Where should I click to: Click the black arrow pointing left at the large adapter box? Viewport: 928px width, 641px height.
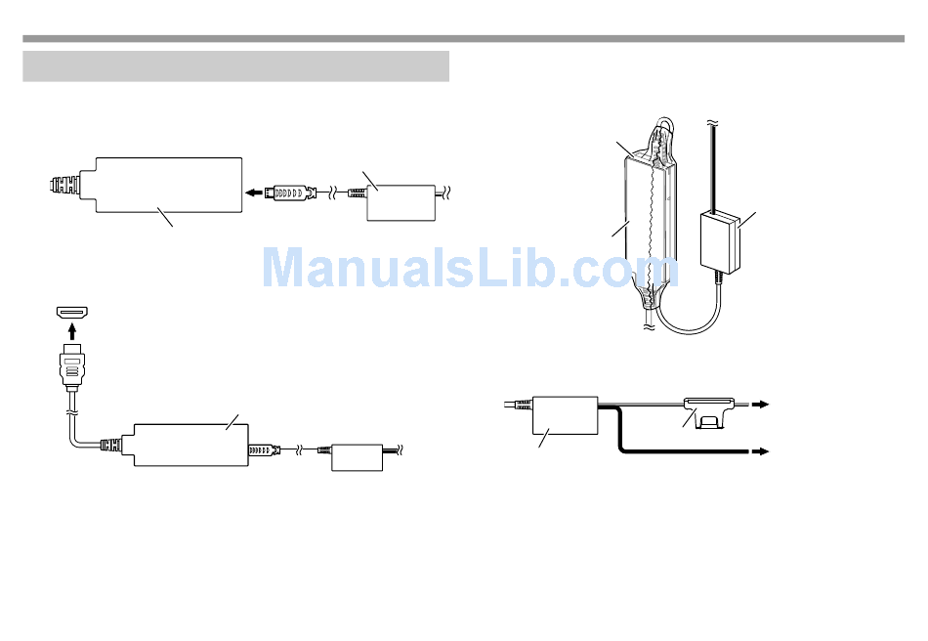tap(254, 192)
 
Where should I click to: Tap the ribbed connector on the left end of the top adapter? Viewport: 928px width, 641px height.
tap(65, 184)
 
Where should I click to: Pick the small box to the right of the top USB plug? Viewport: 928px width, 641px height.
tap(401, 200)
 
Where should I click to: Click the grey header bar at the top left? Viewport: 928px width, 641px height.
tap(235, 66)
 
